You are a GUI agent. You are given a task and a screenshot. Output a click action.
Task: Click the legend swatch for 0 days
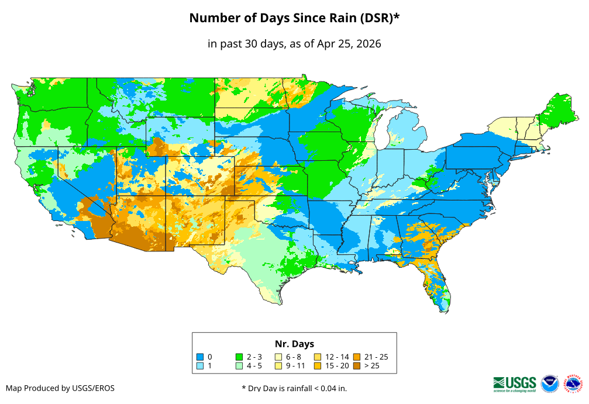click(199, 357)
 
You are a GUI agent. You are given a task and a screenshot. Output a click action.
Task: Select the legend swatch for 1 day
click(199, 366)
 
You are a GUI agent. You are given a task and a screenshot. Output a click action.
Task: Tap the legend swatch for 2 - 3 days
click(239, 357)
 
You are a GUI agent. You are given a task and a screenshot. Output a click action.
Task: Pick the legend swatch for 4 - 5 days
click(239, 366)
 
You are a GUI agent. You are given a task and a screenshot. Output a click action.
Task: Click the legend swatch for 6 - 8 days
click(278, 357)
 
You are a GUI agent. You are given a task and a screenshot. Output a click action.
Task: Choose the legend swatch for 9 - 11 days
click(278, 366)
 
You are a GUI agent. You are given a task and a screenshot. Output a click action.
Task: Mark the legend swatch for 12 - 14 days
click(318, 357)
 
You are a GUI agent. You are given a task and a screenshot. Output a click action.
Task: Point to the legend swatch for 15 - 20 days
click(318, 366)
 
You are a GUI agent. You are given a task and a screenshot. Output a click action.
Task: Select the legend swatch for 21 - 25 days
click(357, 357)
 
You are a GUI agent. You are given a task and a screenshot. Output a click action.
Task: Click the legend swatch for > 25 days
click(357, 366)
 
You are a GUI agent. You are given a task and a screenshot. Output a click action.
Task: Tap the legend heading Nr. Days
click(294, 344)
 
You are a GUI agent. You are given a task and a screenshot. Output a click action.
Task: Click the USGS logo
click(515, 384)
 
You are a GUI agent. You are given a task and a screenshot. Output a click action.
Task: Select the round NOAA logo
click(550, 384)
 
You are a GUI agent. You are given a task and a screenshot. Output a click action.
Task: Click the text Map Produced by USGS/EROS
click(60, 388)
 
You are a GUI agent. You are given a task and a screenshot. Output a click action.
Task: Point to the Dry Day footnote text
click(294, 388)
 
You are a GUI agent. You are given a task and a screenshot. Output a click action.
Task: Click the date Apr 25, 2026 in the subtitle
click(349, 44)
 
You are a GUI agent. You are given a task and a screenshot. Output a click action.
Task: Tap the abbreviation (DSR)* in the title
click(377, 18)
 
